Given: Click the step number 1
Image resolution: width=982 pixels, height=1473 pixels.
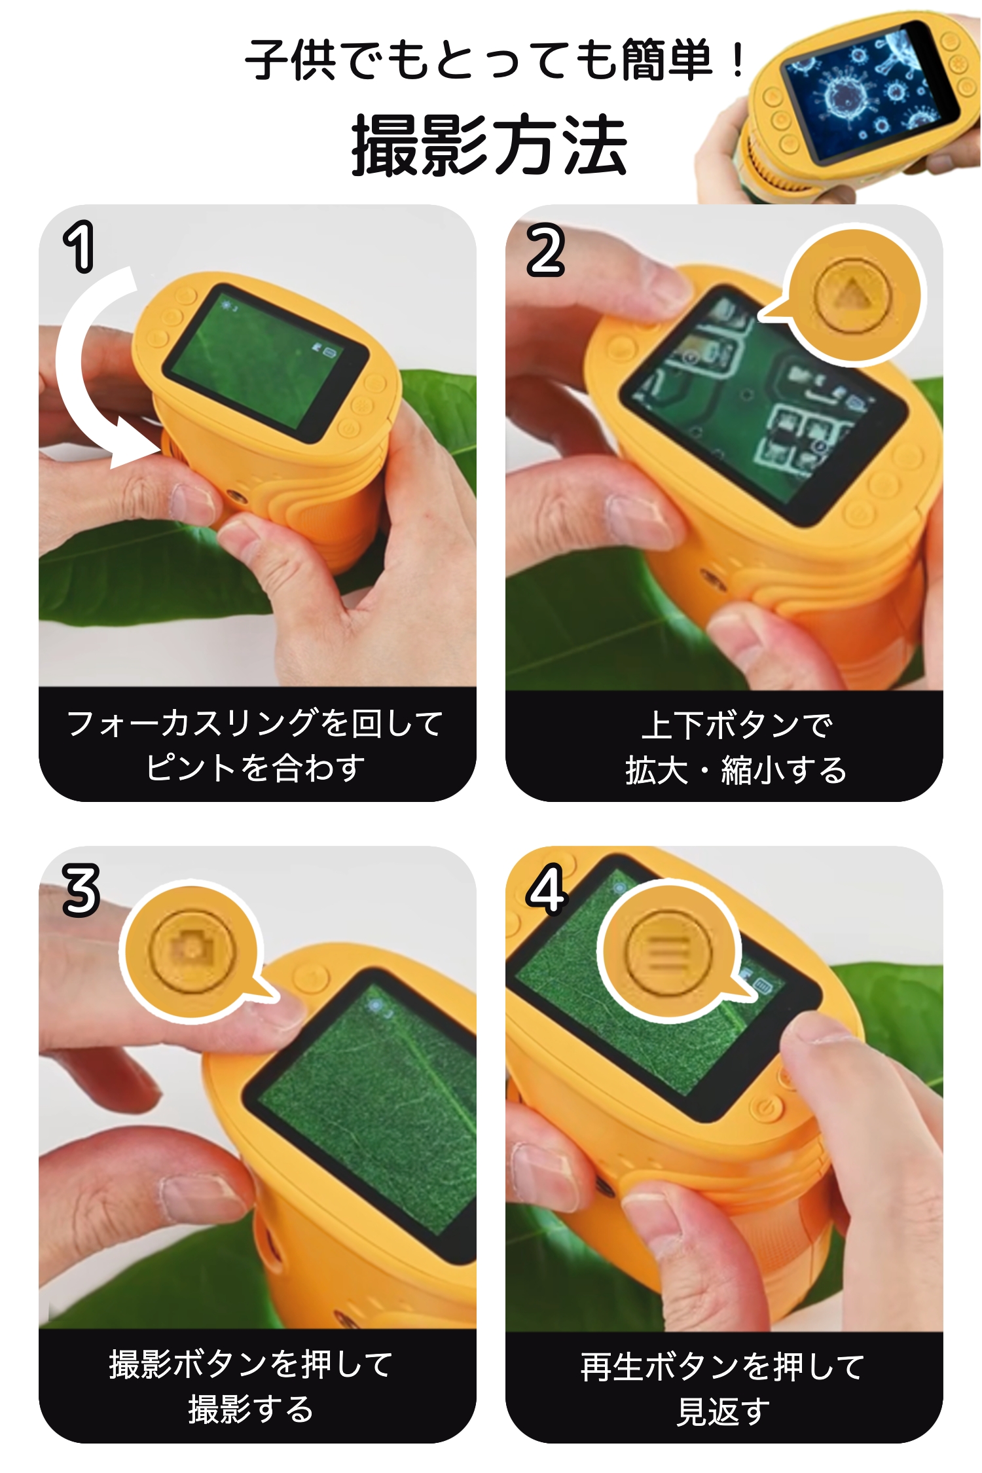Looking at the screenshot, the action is (79, 247).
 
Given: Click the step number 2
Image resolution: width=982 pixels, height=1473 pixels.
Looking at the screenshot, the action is (545, 249).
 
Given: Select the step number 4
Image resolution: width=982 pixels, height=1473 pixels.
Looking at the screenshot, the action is (546, 888).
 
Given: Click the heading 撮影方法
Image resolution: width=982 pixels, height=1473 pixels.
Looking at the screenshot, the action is (490, 145).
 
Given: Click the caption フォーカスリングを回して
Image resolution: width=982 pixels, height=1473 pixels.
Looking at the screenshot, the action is (256, 723).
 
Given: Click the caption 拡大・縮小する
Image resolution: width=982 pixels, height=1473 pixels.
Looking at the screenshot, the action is (736, 770).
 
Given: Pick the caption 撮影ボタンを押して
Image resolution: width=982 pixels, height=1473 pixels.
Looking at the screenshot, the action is (251, 1365).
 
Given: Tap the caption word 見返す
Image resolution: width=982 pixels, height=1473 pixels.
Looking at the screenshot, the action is (723, 1411).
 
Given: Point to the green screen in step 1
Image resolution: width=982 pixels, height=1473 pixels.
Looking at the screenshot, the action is (266, 364).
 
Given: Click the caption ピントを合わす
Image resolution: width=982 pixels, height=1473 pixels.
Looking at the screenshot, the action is (256, 768).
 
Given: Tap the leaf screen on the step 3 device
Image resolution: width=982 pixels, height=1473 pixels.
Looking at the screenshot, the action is (367, 1113).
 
